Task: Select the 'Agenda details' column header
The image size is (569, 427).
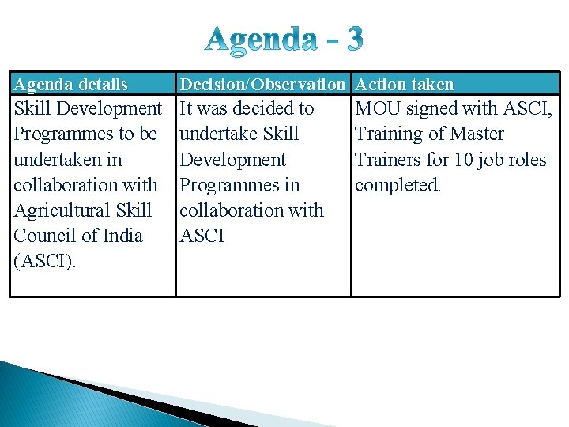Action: [71, 84]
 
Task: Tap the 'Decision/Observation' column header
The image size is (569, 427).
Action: [262, 84]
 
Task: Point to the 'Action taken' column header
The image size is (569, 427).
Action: [405, 84]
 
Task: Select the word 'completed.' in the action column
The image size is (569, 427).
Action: [398, 185]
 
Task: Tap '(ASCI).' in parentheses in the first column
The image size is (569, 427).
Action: [45, 261]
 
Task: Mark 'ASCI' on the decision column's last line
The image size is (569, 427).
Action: [202, 236]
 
